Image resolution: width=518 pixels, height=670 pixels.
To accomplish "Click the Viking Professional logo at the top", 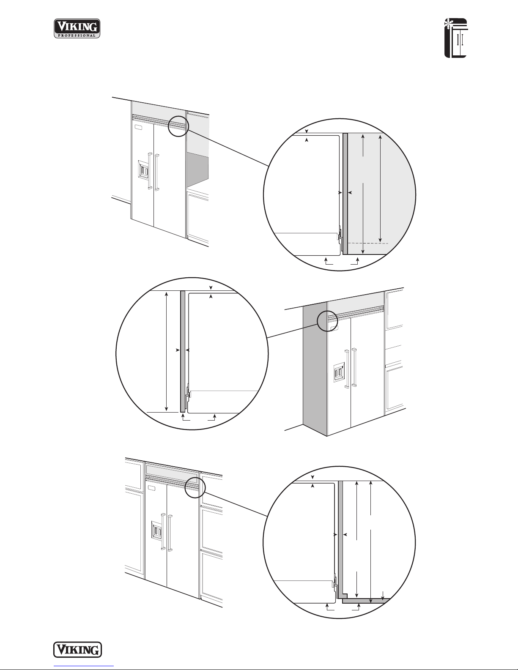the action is coord(77,28).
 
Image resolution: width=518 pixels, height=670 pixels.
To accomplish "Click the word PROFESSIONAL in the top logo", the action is coord(77,36).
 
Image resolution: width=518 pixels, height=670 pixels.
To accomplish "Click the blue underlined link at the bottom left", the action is coord(84,666).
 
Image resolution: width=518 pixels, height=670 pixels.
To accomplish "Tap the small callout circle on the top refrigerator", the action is coord(178,126).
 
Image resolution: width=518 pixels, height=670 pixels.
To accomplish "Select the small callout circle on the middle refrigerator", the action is coord(328,321).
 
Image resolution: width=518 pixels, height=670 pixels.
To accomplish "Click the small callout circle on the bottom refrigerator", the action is coord(195,487).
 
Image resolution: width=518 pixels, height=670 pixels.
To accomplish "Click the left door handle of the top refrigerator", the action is coord(150,170).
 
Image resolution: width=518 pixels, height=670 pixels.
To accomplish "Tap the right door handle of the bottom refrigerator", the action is coord(170,533).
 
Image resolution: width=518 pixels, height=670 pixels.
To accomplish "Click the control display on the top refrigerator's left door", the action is coord(138,128).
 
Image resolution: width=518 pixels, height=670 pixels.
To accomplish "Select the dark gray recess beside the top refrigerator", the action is coord(198,169).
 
